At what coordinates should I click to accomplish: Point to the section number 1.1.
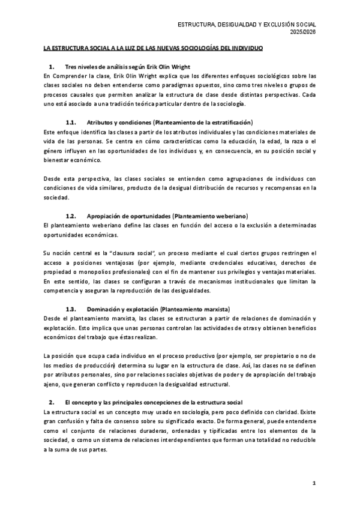[71, 121]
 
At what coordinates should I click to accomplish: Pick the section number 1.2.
[71, 215]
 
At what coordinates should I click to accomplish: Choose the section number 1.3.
[71, 309]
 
